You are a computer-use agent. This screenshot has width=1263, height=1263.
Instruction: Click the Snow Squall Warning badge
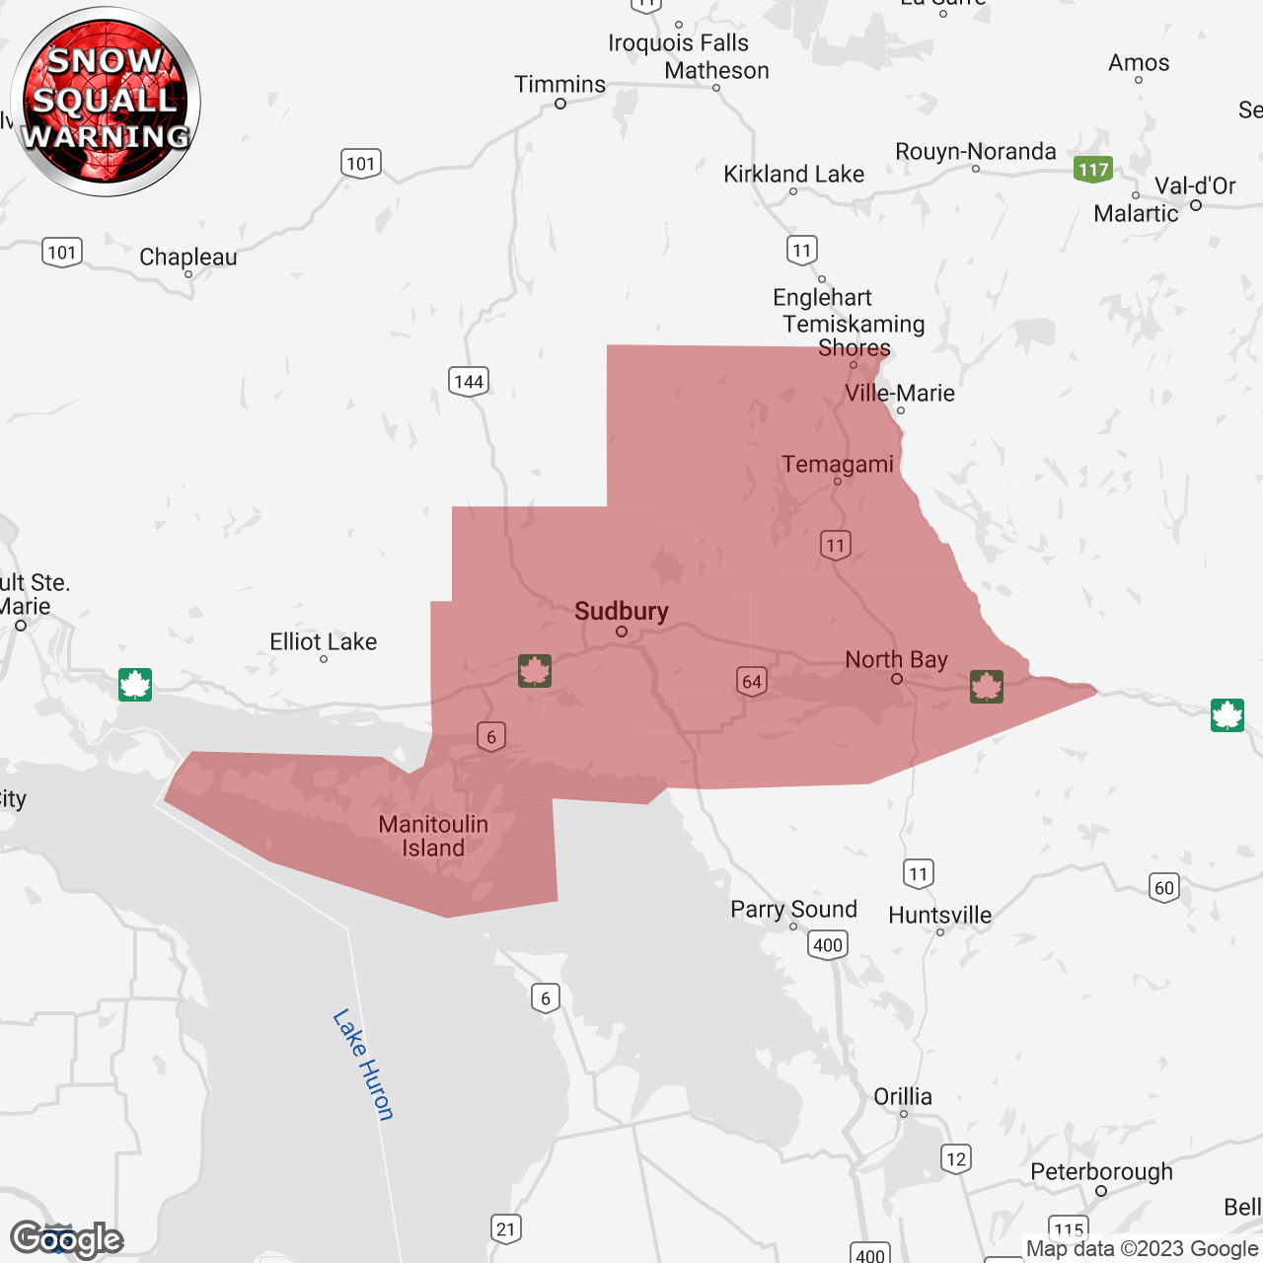106,101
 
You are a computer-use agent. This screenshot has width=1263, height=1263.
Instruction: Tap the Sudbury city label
622,612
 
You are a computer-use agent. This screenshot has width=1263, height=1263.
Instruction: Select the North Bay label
896,659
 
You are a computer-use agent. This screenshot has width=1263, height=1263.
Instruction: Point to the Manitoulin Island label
433,836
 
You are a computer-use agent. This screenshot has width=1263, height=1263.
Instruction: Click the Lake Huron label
363,1065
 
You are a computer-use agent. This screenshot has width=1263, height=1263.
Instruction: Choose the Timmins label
559,85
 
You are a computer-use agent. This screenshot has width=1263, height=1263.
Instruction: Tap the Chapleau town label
188,258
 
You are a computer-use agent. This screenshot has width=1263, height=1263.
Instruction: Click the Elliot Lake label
324,642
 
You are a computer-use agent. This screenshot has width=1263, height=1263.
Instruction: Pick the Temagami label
838,464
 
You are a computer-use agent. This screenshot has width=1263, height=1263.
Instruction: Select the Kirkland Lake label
793,175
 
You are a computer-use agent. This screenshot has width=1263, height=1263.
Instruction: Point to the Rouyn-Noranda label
975,152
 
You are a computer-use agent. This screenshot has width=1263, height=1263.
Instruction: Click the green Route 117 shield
1093,170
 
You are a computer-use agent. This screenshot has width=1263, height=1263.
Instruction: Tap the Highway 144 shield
469,382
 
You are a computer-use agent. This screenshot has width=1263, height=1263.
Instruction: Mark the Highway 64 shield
752,681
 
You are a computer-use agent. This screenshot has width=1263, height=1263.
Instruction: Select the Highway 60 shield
1164,887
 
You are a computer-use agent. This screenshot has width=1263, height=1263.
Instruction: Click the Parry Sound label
793,910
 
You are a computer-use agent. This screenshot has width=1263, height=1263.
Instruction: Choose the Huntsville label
939,916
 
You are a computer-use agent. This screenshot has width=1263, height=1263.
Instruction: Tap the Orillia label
903,1097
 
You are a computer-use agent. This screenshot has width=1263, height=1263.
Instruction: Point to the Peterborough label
1101,1172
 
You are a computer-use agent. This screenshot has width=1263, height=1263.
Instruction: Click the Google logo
66,1239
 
